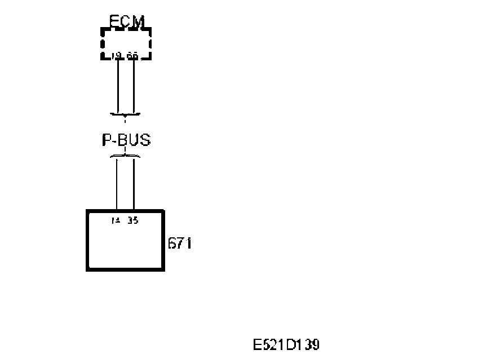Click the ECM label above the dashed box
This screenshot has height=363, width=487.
[126, 21]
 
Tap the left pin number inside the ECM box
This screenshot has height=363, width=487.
[117, 55]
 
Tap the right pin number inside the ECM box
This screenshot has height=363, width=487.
[132, 55]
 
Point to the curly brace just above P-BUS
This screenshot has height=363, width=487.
[125, 115]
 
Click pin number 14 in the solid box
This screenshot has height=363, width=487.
[116, 220]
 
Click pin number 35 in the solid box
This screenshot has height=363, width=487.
[133, 220]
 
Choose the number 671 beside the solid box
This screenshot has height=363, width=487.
[180, 244]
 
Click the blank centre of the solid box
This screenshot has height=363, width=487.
[125, 245]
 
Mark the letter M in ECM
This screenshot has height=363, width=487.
[138, 21]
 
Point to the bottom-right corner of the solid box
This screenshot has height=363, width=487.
[163, 269]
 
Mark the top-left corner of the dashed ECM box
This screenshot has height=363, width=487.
[102, 28]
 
